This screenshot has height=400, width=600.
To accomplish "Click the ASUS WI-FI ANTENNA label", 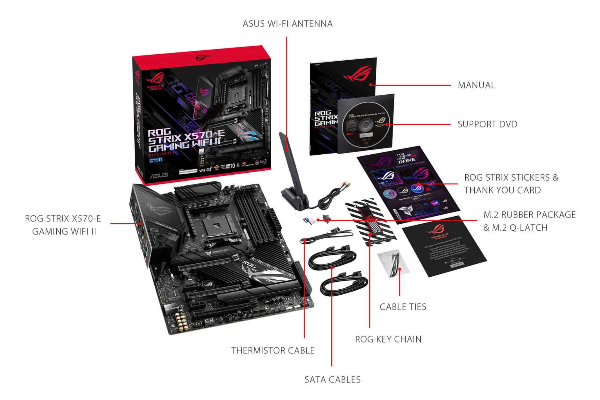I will coord(287,24).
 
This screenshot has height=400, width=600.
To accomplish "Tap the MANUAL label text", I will coord(476,85).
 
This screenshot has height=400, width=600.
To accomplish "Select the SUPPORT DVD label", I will coord(487,124).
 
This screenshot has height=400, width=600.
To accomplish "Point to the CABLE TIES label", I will coord(403,307).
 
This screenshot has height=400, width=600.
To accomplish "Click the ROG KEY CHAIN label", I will coord(388,339).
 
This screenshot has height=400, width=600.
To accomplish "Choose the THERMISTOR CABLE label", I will coord(273,350).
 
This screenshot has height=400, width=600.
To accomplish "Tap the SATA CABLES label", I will coord(332,379).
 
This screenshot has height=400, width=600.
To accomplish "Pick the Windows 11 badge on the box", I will coord(156,160).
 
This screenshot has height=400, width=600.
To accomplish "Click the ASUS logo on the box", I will coord(158,175).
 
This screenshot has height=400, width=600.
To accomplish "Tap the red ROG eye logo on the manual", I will coord(357,74).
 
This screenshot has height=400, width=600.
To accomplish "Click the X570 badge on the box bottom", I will coord(230,166).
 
